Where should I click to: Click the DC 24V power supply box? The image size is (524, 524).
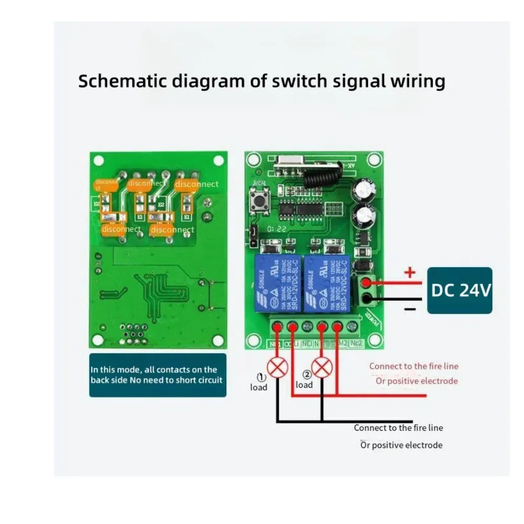point(460,290)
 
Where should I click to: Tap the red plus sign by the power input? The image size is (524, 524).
point(410,272)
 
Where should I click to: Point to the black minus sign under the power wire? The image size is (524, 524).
point(410,310)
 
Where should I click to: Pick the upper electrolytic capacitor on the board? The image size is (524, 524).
point(364,190)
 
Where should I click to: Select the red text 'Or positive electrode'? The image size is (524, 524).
point(416,381)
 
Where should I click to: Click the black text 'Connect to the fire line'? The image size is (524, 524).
point(398,428)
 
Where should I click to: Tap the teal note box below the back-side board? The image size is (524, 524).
point(157,375)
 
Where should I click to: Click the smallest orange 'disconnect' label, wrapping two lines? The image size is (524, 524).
point(106,184)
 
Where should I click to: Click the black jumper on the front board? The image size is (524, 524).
point(253,237)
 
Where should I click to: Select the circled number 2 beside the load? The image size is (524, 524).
point(307,375)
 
